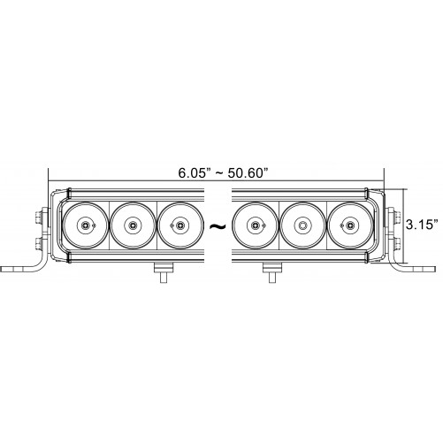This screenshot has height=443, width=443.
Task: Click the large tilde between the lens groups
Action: coord(218,226)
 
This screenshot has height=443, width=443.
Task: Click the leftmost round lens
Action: coord(85,225)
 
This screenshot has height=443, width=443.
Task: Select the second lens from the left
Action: coord(133,225)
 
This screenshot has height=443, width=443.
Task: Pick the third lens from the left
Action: coord(180,225)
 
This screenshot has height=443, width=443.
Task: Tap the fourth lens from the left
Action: coord(255,225)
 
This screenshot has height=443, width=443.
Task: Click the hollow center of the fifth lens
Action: coord(302,225)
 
